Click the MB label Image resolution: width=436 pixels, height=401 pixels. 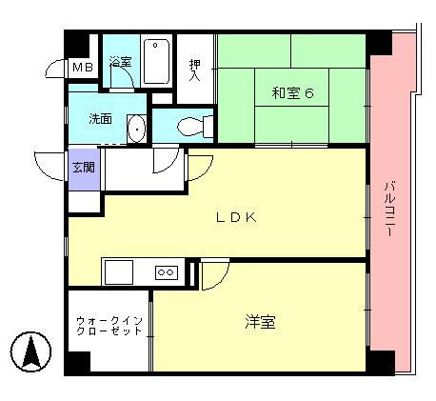[83, 68]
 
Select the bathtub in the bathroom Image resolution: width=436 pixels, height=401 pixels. [157, 60]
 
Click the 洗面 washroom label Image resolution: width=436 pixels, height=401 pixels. [101, 120]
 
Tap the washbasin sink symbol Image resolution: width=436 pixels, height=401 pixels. [136, 127]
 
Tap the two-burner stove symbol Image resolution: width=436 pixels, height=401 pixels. [166, 272]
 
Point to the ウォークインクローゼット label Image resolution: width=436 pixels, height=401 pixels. [109, 325]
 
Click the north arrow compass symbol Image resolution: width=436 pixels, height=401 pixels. [31, 352]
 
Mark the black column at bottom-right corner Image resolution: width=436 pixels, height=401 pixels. [380, 362]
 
